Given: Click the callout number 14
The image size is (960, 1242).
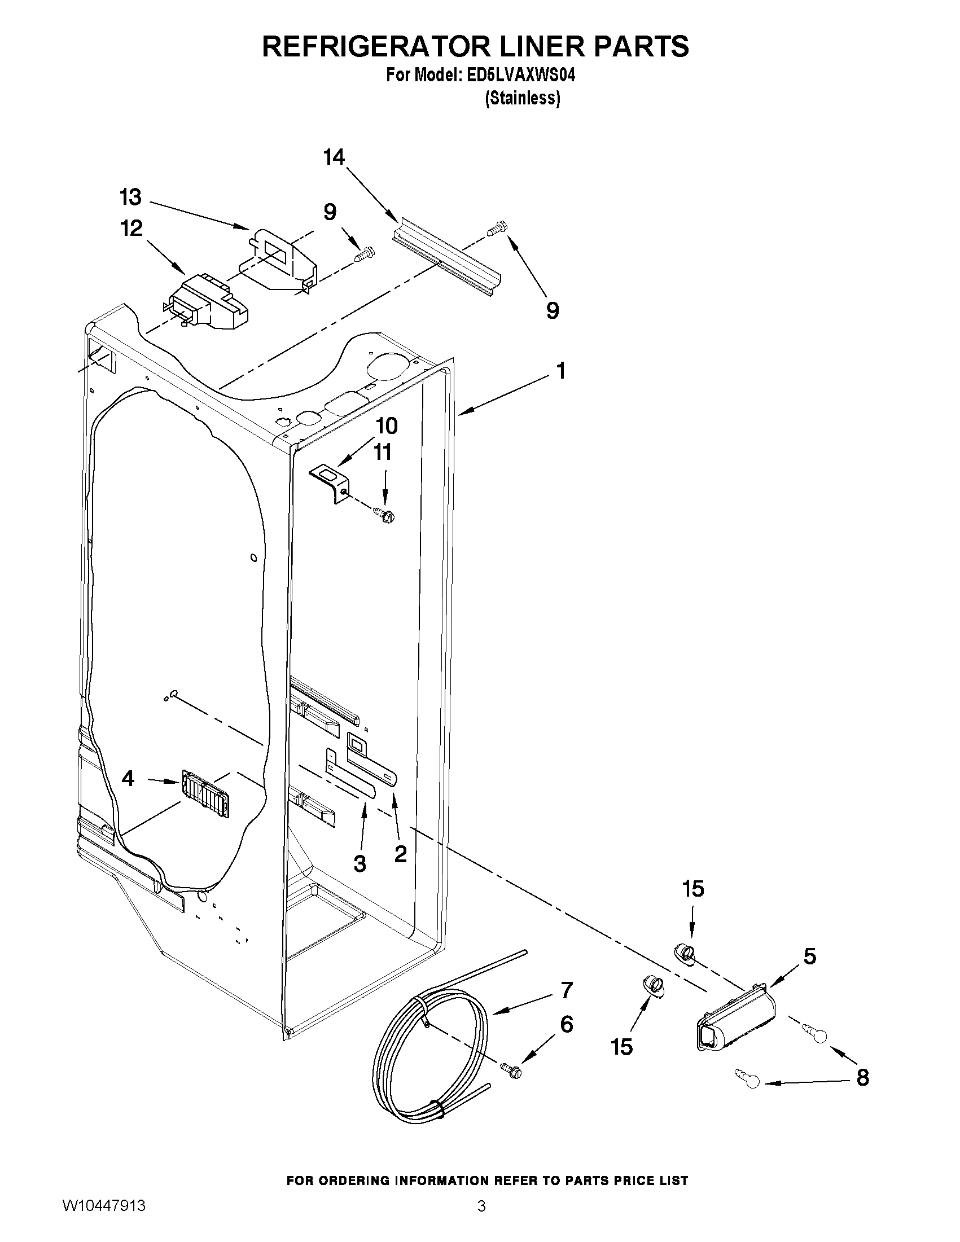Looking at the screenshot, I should pyautogui.click(x=335, y=157).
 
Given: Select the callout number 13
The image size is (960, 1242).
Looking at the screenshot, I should pyautogui.click(x=130, y=198).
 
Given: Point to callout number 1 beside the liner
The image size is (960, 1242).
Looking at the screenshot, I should pyautogui.click(x=561, y=371).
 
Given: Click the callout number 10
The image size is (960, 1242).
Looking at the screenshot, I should pyautogui.click(x=386, y=425).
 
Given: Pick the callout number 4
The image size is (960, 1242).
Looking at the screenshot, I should pyautogui.click(x=128, y=779).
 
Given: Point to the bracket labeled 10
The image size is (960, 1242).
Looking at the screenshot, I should pyautogui.click(x=331, y=481).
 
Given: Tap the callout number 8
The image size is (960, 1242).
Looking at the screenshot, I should pyautogui.click(x=862, y=1077).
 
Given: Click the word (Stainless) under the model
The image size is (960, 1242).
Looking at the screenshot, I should pyautogui.click(x=522, y=98).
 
